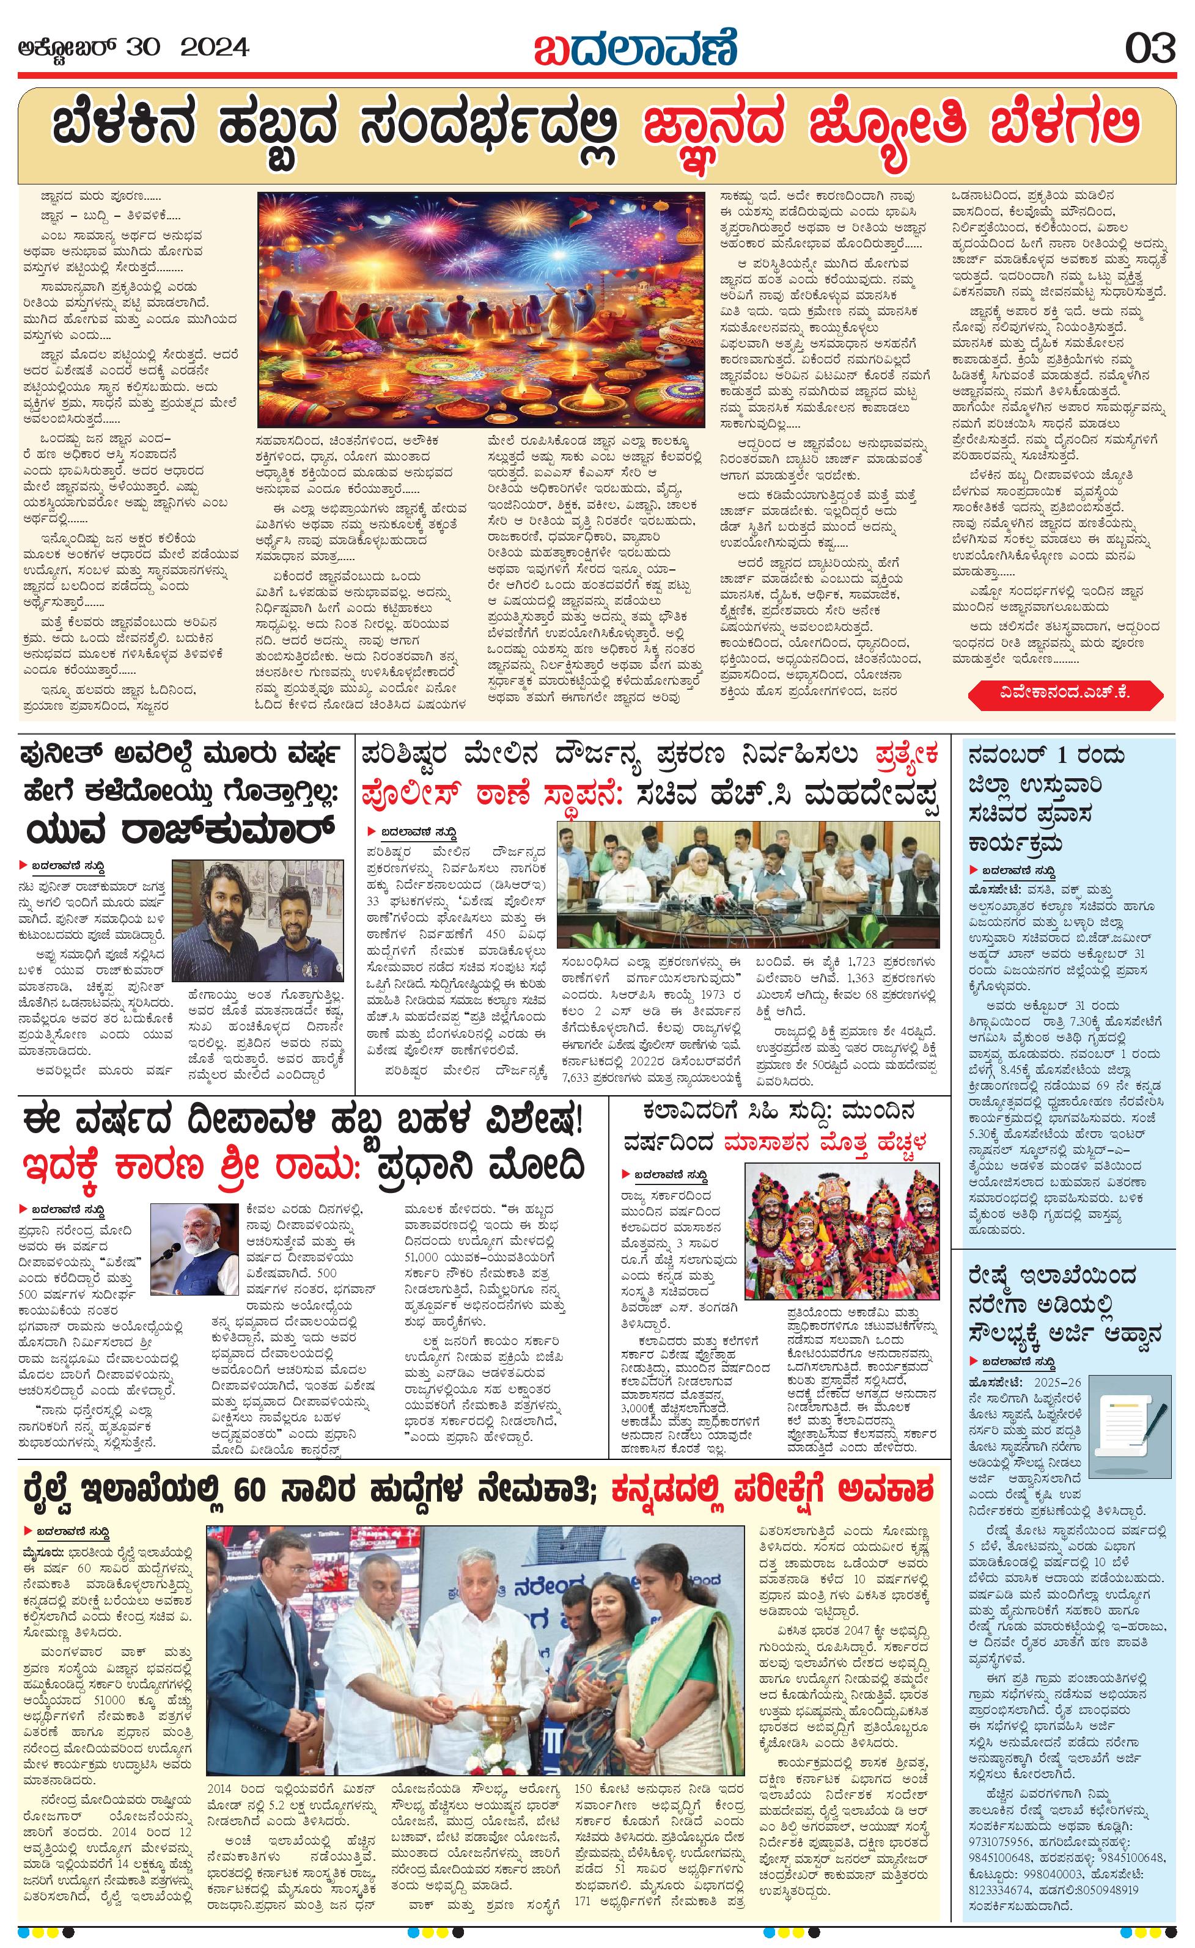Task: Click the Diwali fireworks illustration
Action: pos(481,308)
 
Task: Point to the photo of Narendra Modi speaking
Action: pos(194,1249)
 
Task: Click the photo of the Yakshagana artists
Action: pos(842,1231)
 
